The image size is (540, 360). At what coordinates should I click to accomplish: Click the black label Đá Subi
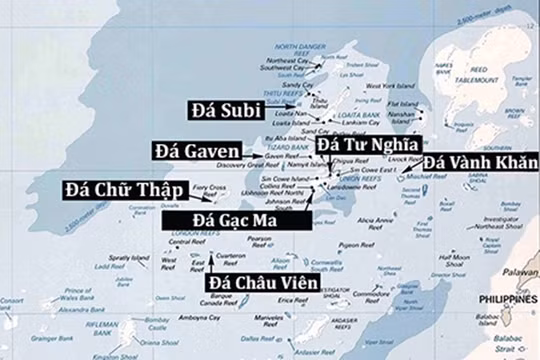click(225, 109)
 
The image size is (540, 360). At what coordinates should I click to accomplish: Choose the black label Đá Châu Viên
click(262, 283)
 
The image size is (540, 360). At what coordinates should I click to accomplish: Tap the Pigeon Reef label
click(355, 245)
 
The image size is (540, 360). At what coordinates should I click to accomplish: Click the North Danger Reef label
click(299, 49)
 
